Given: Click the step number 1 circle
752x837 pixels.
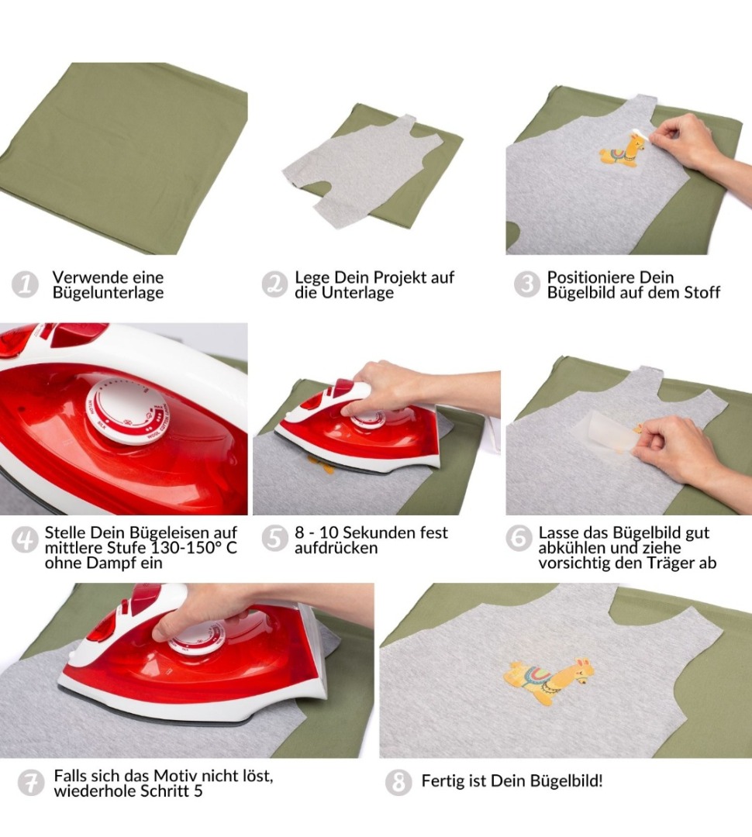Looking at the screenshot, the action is [25, 284].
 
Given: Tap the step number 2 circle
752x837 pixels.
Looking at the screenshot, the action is [274, 284].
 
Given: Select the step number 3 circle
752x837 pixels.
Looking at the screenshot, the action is [526, 284].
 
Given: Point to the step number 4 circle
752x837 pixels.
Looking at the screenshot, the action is [25, 539].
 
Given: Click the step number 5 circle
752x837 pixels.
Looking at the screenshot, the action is [274, 539].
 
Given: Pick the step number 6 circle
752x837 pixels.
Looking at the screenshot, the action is [519, 539].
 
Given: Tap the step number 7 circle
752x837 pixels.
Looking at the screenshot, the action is [31, 783].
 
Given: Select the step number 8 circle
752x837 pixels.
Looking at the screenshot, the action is [398, 783].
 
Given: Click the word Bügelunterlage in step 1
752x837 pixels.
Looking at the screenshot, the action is [108, 293].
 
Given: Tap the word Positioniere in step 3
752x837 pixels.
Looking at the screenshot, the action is [584, 277].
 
